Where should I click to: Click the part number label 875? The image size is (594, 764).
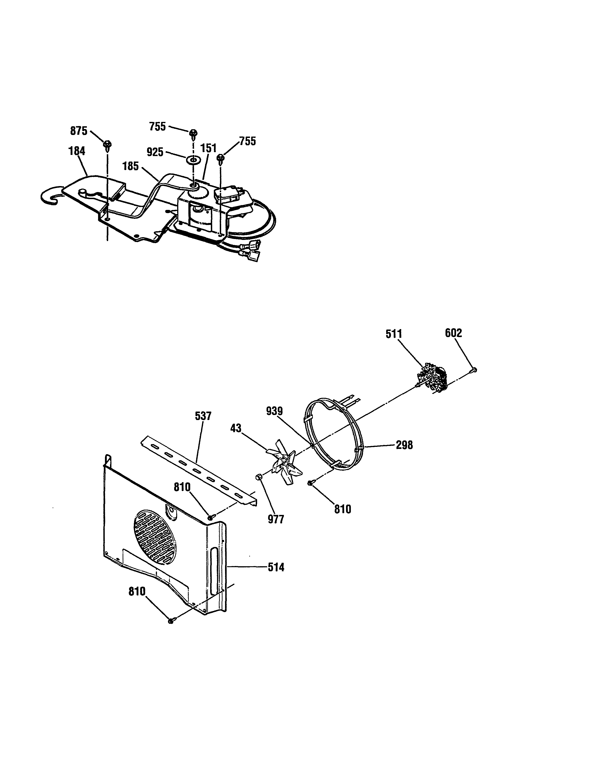tap(79, 131)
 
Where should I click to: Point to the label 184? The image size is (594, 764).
tap(77, 151)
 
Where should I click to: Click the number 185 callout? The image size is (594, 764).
tap(130, 166)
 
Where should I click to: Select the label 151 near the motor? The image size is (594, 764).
tap(209, 148)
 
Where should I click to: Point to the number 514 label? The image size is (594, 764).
tap(276, 567)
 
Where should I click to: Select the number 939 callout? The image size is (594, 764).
tap(274, 411)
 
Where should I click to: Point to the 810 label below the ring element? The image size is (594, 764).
tap(342, 509)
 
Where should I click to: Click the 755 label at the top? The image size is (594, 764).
tap(157, 127)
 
